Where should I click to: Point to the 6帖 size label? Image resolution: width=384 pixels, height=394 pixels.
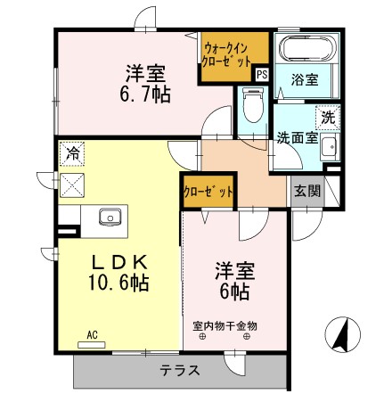(x=230, y=291)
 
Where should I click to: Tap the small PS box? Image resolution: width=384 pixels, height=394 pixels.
(x=261, y=75)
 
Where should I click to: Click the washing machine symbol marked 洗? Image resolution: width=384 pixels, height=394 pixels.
(x=325, y=116)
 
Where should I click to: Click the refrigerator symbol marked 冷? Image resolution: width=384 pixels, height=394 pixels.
(x=71, y=153)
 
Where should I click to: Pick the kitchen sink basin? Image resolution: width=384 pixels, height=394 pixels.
(x=110, y=215)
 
